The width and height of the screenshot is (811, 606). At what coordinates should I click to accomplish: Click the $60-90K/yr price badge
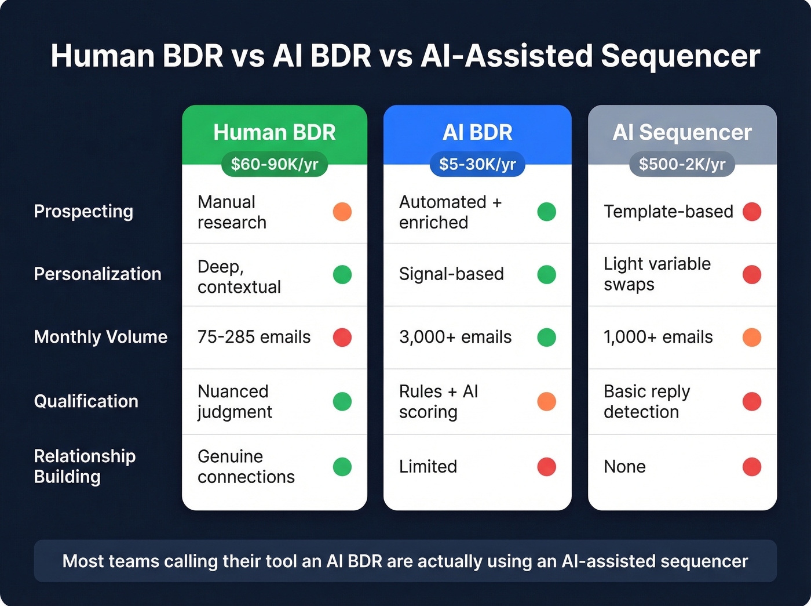coord(275,164)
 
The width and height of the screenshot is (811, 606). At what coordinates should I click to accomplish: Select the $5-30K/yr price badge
coord(477,164)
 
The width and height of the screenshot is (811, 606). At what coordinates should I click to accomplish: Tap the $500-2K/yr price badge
coord(682,164)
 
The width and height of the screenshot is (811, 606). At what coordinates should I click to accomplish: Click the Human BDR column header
coord(275,132)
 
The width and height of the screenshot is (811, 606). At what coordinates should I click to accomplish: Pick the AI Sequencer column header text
coord(682,132)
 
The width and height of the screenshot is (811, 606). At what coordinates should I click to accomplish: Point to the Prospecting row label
coord(83,211)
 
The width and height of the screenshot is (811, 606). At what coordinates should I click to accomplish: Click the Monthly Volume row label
coord(101,337)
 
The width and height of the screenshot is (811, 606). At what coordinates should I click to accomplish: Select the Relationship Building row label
coord(85,466)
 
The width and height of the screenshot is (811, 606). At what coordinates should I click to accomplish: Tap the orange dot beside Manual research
coord(342,212)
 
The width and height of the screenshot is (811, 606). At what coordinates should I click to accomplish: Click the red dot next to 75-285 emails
coord(342,337)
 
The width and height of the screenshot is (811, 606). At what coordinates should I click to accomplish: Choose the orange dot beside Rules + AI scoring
coord(546,401)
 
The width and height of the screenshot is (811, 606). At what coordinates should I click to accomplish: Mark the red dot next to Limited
coord(546,467)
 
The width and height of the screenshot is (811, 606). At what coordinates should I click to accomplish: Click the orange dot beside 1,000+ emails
coord(752,337)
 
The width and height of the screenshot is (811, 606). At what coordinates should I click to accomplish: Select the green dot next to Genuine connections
coord(342,467)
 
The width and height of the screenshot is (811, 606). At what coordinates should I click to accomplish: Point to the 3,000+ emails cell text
coord(455,337)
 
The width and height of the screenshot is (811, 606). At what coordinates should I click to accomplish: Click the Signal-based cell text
coord(451,274)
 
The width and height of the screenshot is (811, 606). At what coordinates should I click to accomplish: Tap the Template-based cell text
coord(668,212)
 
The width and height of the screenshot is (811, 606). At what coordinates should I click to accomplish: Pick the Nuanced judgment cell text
coord(235,401)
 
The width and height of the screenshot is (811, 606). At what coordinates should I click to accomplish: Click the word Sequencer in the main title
coord(680,56)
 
